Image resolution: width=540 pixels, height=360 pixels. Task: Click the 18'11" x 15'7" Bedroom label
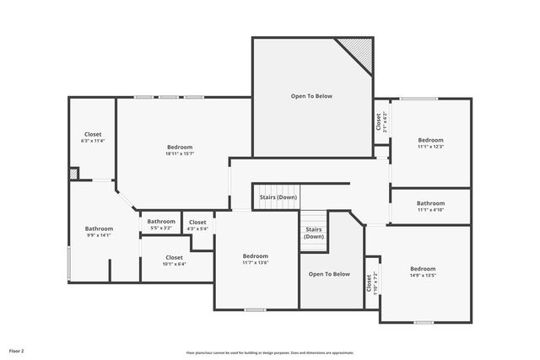click(x=179, y=150)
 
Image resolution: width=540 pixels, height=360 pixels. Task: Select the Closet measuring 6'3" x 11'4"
click(x=93, y=137)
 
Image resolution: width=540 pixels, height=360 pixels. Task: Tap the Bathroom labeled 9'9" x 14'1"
click(x=99, y=232)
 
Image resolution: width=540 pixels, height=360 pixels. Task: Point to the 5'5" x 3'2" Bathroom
click(x=161, y=224)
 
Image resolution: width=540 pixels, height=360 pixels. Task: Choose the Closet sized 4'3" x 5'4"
click(x=197, y=224)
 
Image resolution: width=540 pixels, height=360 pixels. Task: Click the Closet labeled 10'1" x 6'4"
click(x=174, y=261)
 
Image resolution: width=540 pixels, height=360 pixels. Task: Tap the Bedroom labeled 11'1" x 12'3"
click(x=430, y=143)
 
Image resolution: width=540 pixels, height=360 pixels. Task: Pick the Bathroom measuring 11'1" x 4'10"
click(x=430, y=206)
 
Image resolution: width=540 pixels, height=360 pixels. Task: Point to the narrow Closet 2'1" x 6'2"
click(x=381, y=122)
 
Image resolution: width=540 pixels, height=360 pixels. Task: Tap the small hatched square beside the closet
click(x=74, y=173)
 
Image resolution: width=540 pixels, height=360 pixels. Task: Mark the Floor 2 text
click(x=17, y=350)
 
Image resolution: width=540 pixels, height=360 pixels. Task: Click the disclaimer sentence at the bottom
click(x=269, y=352)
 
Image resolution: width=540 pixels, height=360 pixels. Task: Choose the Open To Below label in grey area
click(x=329, y=274)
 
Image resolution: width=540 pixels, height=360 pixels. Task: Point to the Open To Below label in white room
click(x=312, y=96)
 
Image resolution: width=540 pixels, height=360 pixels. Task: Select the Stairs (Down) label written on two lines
click(x=314, y=233)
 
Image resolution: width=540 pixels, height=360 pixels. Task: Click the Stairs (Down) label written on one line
click(x=278, y=197)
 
